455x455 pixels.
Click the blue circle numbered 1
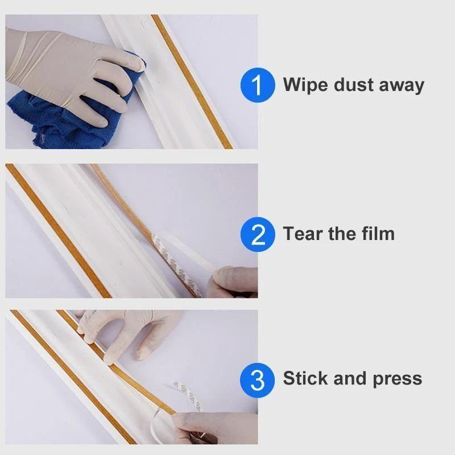258,85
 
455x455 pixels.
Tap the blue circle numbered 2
258,234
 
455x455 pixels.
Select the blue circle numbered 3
258,379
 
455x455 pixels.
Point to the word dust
353,85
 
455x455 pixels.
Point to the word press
398,379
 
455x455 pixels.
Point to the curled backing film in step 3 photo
188,392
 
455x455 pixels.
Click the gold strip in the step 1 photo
191,80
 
